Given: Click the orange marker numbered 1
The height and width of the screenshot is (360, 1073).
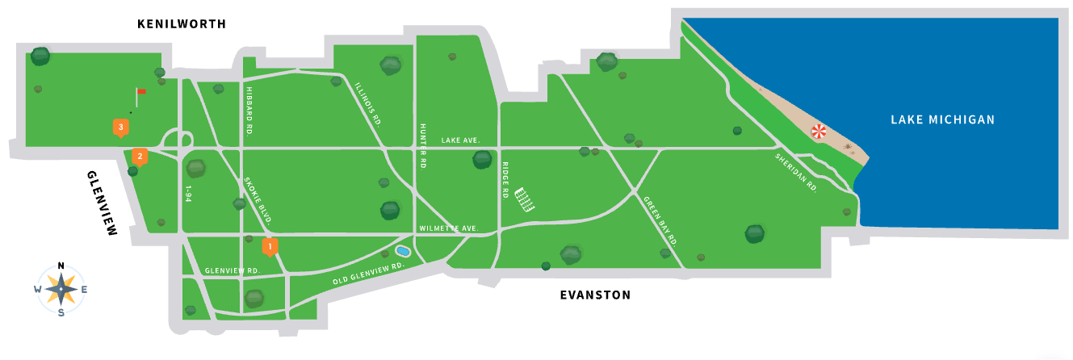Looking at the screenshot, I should click(x=270, y=246).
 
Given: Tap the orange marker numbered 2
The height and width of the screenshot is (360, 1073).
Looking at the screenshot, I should click(x=140, y=157).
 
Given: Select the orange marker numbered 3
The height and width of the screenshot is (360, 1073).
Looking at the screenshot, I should click(x=120, y=128).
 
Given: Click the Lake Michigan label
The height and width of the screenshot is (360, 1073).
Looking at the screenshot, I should click(x=942, y=119).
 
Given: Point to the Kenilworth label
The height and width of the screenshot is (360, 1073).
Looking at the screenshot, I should click(x=182, y=24).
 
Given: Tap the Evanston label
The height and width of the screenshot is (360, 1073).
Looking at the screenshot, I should click(x=595, y=295).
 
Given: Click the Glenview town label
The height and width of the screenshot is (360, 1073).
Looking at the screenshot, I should click(x=102, y=203).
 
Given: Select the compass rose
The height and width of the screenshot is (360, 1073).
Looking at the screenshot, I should click(x=61, y=288).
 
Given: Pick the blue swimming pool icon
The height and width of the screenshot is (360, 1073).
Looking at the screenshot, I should click(x=403, y=252).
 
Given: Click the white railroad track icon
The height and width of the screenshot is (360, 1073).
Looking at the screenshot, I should click(x=526, y=199).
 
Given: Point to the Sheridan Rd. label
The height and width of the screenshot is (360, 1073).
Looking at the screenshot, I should click(x=796, y=172).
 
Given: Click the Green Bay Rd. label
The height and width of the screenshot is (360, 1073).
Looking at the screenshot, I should click(x=660, y=220).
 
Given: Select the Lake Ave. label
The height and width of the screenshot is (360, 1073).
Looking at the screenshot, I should click(x=460, y=140).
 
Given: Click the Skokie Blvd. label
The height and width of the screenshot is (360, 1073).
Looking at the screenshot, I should click(x=258, y=200).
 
